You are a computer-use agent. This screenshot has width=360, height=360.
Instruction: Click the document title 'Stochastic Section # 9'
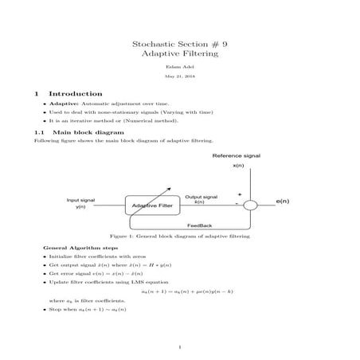(x=179, y=45)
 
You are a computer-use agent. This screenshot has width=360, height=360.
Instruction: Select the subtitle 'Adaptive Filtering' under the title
(x=179, y=57)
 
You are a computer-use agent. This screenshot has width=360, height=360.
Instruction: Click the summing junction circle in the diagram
(x=250, y=205)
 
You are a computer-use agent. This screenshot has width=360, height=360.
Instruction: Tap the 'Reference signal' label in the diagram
(x=237, y=155)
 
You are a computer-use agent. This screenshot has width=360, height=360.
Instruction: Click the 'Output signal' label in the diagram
(x=201, y=196)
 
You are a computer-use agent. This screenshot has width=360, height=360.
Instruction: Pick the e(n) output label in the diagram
(x=282, y=202)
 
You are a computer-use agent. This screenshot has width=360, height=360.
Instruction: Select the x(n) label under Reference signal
(x=238, y=166)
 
